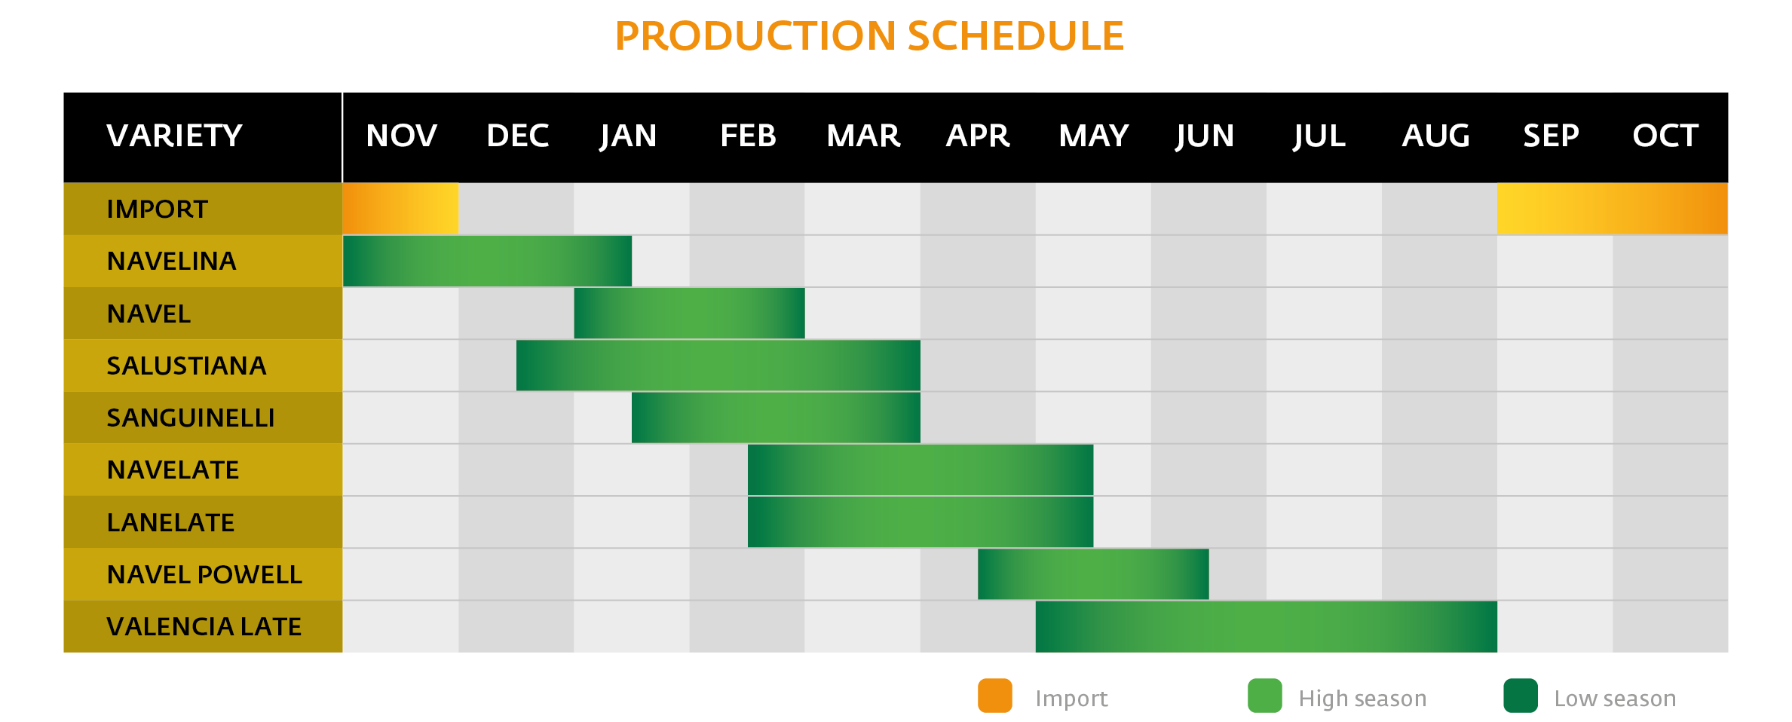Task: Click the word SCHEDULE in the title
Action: point(1015,35)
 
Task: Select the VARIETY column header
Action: point(175,136)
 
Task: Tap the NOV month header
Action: point(401,136)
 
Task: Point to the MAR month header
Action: point(863,136)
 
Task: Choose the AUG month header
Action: point(1435,136)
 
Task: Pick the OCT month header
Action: point(1665,136)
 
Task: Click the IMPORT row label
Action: point(157,209)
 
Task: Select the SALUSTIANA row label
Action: point(186,366)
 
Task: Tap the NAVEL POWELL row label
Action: point(204,574)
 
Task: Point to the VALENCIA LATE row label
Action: point(204,626)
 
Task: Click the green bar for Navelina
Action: point(487,261)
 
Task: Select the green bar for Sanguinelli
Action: point(776,418)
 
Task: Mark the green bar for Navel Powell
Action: point(1093,574)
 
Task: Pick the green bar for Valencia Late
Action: point(1267,626)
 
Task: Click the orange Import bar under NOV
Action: point(400,209)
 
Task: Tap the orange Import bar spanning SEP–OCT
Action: point(1613,209)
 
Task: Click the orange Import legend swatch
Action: point(995,696)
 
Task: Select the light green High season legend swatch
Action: point(1265,696)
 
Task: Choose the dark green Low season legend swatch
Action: point(1521,696)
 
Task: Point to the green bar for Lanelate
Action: point(921,522)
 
